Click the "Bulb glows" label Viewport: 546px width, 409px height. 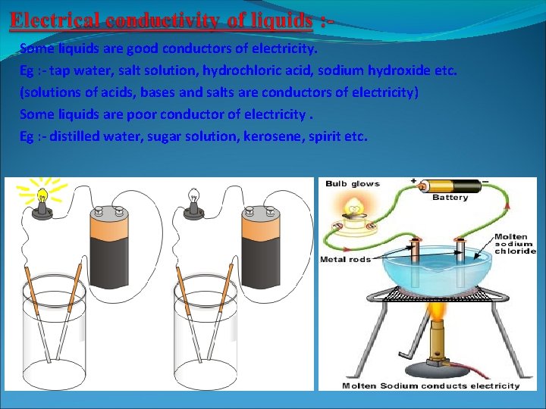352,184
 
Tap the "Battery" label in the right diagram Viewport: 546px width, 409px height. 450,198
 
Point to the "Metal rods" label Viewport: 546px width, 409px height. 345,260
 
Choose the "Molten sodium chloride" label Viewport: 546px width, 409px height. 515,244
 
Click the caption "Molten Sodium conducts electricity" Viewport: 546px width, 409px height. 431,386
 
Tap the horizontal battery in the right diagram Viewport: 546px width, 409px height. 449,185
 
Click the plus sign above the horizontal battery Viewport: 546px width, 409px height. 413,182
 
